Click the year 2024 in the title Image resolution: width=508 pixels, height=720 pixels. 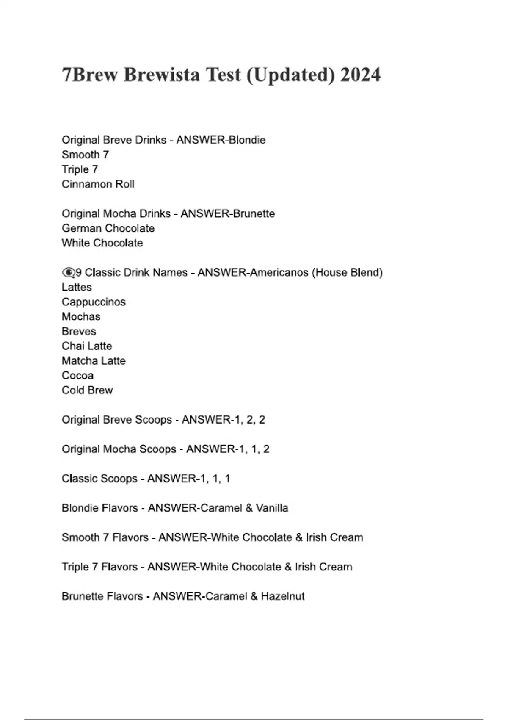tap(360, 75)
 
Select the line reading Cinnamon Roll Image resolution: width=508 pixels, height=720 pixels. tap(98, 184)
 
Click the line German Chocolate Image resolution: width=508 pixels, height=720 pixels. tap(108, 228)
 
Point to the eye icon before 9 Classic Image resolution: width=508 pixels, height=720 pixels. tap(68, 272)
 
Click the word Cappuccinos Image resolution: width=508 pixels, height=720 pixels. tap(94, 302)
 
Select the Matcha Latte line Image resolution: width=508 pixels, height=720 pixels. tap(94, 361)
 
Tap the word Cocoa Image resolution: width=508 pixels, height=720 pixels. tap(77, 376)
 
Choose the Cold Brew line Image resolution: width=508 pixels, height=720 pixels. tap(87, 390)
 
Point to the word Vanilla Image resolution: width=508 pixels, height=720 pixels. tap(272, 508)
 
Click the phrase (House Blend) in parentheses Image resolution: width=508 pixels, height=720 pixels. tap(347, 272)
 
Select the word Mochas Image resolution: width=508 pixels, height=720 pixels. tap(81, 317)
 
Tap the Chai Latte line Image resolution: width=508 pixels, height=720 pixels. tap(87, 346)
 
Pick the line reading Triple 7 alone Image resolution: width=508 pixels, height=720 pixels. tap(80, 169)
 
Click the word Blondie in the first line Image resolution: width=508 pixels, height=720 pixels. tap(247, 140)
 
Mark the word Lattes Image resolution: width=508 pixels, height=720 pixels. tap(77, 287)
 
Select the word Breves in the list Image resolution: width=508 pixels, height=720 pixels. tap(79, 331)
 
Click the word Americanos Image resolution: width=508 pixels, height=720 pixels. tap(279, 272)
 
